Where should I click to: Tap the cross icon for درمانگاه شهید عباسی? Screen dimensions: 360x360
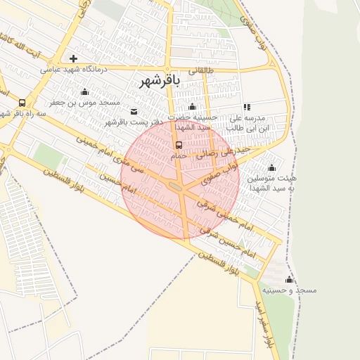coord(73,58)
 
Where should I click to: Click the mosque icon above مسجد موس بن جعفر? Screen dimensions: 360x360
coord(85,91)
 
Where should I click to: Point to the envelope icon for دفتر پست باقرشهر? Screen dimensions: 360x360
coord(134,111)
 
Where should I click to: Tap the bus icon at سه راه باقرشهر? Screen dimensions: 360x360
coord(22,103)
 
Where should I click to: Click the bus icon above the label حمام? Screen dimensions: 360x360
coord(179,146)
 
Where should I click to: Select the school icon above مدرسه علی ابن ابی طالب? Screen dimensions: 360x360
coord(247,107)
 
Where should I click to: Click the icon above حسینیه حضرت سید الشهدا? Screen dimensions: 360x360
coord(192,106)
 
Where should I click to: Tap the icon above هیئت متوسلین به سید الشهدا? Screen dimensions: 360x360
coord(271,168)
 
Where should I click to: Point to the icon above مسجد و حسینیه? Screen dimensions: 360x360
coord(289,279)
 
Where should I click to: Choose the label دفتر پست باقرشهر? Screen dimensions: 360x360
coord(134,122)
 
